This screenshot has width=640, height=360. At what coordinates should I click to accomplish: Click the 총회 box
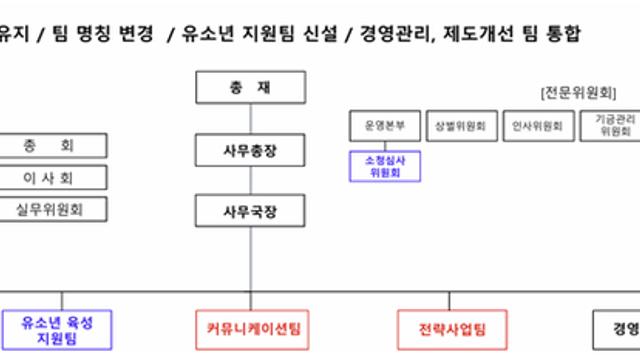[49, 146]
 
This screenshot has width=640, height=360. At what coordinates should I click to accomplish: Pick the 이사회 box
[49, 178]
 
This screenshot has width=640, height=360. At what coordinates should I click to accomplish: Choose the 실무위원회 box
[49, 209]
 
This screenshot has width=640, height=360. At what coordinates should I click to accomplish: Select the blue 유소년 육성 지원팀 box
[62, 329]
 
